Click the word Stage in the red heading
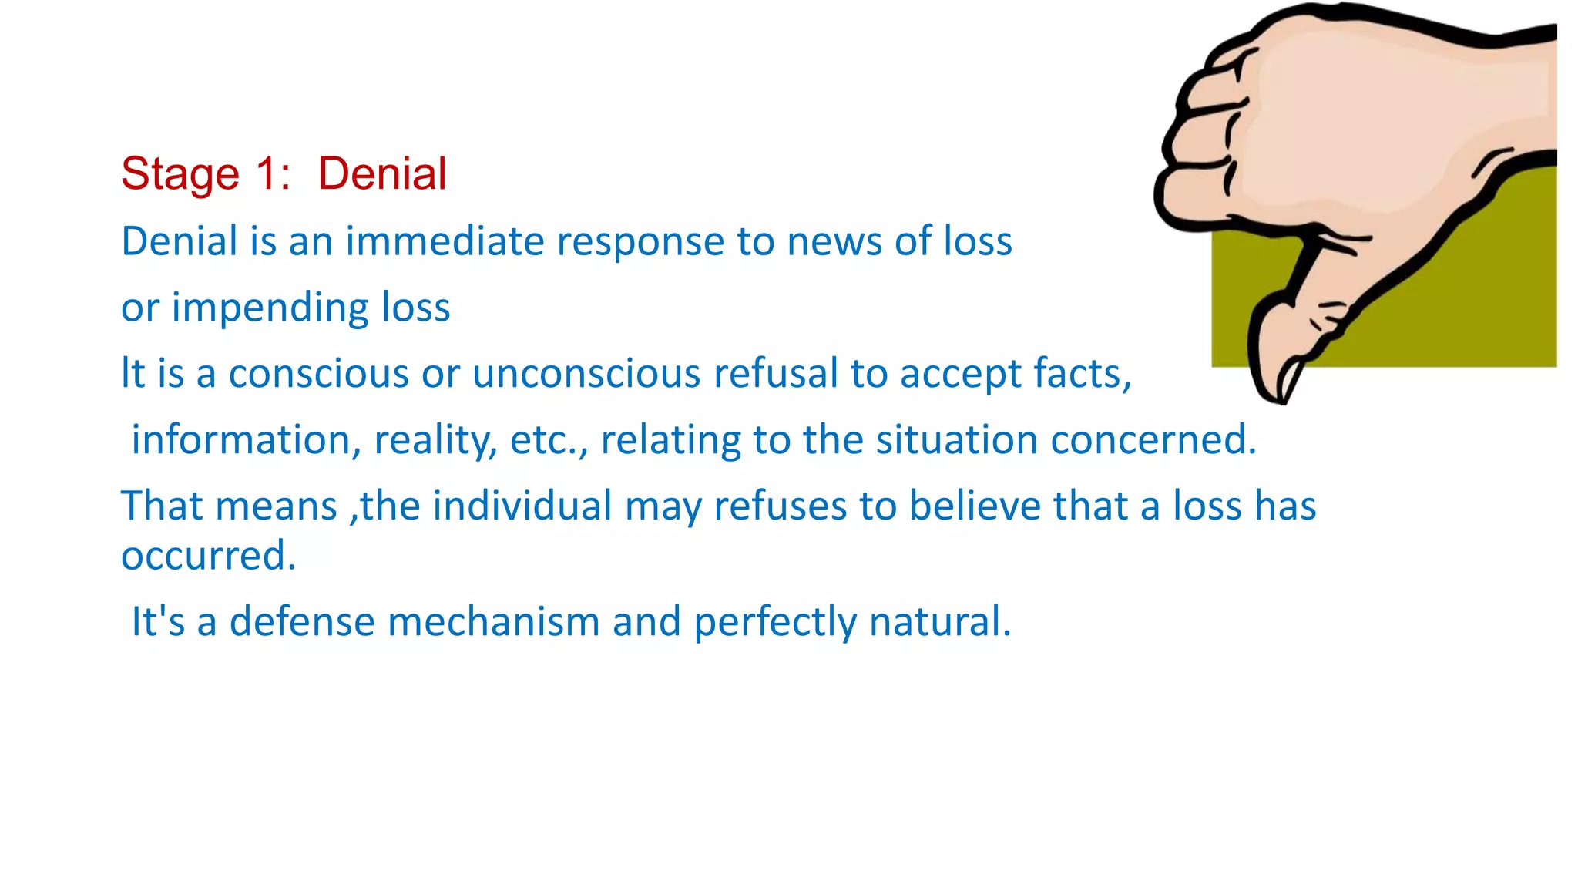pyautogui.click(x=180, y=173)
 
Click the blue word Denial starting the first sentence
pyautogui.click(x=180, y=241)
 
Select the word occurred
pyautogui.click(x=207, y=556)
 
